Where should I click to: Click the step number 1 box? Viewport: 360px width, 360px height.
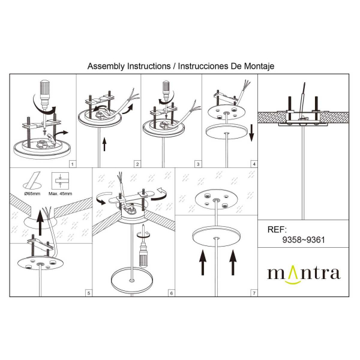pos(72,163)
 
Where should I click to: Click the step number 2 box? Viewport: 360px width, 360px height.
pos(137,163)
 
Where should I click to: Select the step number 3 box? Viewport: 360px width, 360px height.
pos(198,163)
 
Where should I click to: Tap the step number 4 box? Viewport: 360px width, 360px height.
pos(254,163)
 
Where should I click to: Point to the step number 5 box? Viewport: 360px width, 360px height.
pos(89,293)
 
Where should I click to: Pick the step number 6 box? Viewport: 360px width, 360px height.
pos(172,293)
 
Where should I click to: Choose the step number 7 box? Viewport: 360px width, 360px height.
pos(254,293)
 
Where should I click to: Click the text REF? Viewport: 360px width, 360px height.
pos(277,229)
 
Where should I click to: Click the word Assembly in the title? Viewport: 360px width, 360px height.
pos(104,66)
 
